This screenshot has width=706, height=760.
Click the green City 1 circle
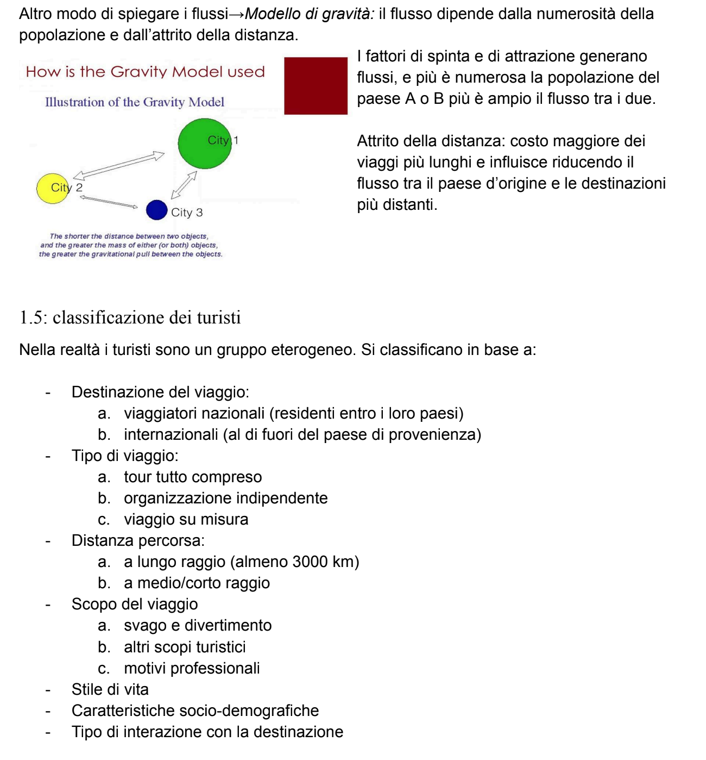tap(204, 144)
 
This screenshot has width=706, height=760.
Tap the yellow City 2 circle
tap(53, 189)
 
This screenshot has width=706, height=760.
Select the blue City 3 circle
tap(156, 210)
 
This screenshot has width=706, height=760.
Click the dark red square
tap(316, 86)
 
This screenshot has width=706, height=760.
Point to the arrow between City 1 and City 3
tap(184, 185)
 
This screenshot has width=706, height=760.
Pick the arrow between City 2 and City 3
tap(109, 201)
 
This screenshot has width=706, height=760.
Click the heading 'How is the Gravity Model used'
tap(145, 72)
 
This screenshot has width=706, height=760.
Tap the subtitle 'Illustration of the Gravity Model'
tap(134, 102)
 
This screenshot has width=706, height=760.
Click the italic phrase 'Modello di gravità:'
tap(310, 14)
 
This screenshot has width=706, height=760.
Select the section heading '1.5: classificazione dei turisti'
tap(130, 317)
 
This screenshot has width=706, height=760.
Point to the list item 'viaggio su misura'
tap(186, 519)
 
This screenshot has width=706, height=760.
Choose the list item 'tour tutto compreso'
tap(193, 477)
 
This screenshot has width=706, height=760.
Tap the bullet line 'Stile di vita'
tap(110, 689)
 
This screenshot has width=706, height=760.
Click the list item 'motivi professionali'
tap(192, 668)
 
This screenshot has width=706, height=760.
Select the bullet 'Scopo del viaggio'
tap(135, 604)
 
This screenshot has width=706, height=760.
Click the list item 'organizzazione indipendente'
tap(225, 498)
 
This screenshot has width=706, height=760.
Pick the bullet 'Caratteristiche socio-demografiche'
tap(195, 711)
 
